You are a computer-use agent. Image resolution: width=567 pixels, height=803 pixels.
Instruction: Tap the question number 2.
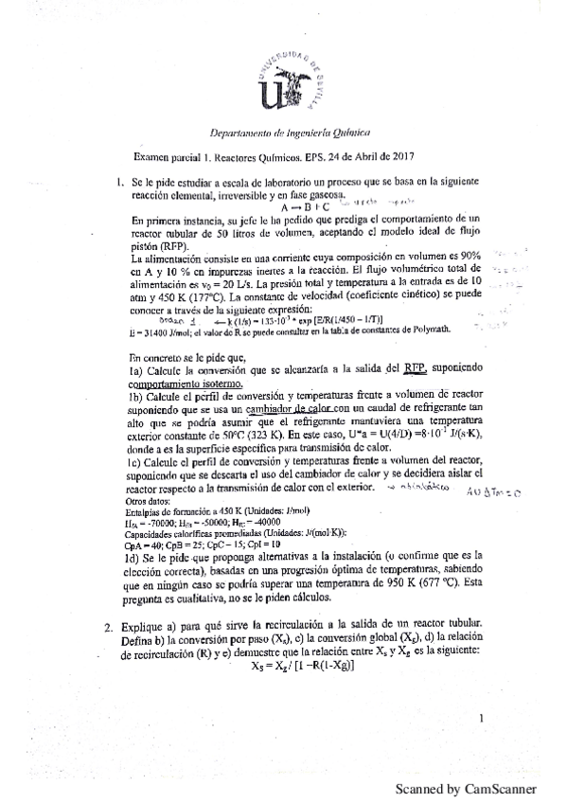pyautogui.click(x=110, y=626)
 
